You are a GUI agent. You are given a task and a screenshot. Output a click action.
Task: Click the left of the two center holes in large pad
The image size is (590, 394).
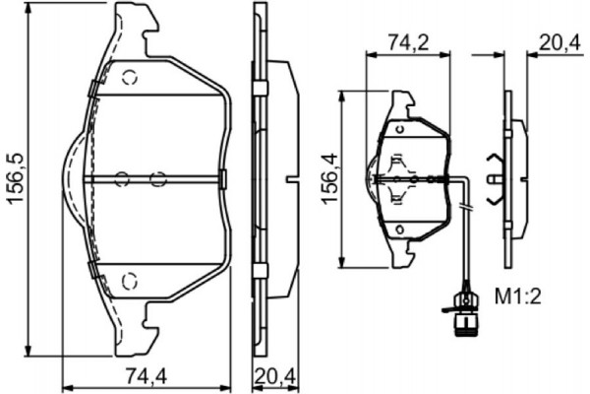pyautogui.click(x=121, y=178)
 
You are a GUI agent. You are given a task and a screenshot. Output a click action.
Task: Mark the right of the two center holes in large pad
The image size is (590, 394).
pyautogui.click(x=156, y=178)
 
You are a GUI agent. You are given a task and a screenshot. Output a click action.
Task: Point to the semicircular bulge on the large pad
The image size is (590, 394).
pyautogui.click(x=72, y=178)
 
